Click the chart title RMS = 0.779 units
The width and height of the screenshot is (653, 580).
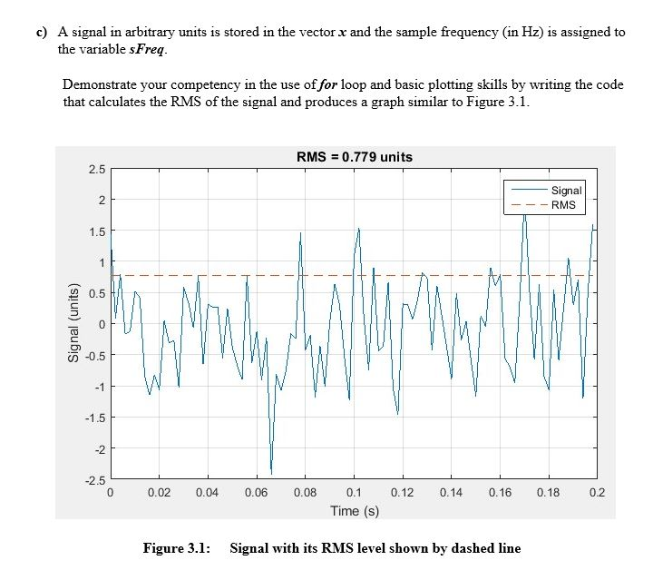[354, 157]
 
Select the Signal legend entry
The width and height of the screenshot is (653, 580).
[566, 192]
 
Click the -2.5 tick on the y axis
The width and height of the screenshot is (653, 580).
[95, 480]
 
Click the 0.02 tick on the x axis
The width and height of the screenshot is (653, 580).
[159, 494]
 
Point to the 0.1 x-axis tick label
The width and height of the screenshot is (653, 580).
[354, 494]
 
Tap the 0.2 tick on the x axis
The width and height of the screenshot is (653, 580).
[596, 494]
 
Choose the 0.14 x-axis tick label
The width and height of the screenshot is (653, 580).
[451, 494]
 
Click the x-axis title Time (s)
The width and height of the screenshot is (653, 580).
[354, 511]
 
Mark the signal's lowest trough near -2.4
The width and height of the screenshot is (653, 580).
[270, 472]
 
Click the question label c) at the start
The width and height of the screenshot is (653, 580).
[42, 32]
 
